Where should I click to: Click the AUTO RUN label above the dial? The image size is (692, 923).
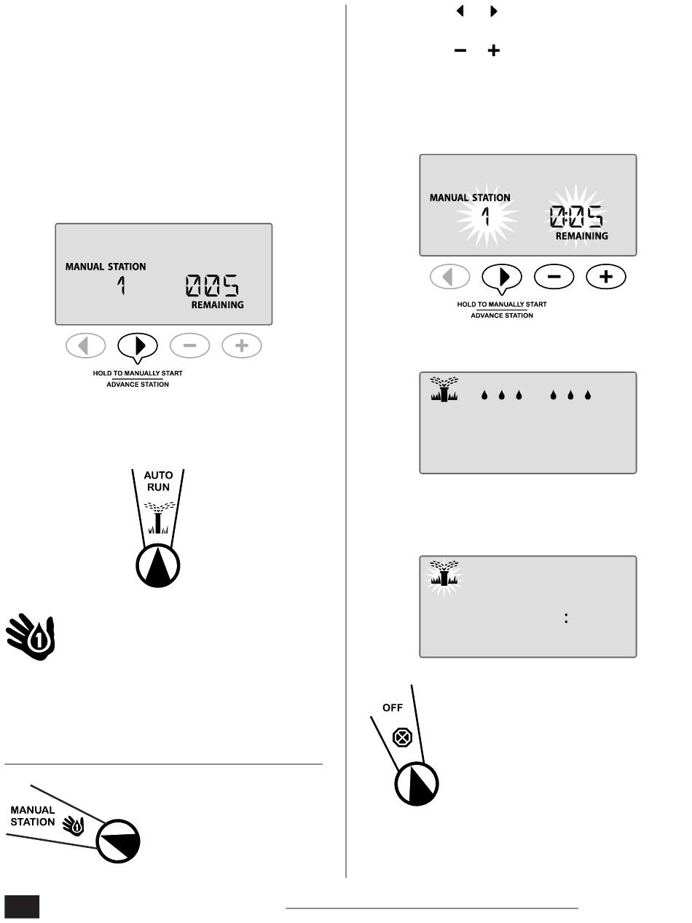coord(158,482)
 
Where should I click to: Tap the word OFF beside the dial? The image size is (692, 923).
coord(393,707)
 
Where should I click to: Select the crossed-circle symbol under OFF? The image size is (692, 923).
coord(402,737)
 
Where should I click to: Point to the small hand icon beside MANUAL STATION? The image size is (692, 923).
coord(76,825)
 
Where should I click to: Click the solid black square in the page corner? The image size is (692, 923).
coord(21,906)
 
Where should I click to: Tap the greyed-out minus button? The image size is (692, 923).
coord(190,346)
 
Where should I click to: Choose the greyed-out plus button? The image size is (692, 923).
coord(242,346)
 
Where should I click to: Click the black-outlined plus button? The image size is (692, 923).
coord(606,277)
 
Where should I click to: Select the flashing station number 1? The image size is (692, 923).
coord(487,216)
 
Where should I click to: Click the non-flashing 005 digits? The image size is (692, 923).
coord(213,286)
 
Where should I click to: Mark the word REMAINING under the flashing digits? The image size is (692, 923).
coord(582,236)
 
